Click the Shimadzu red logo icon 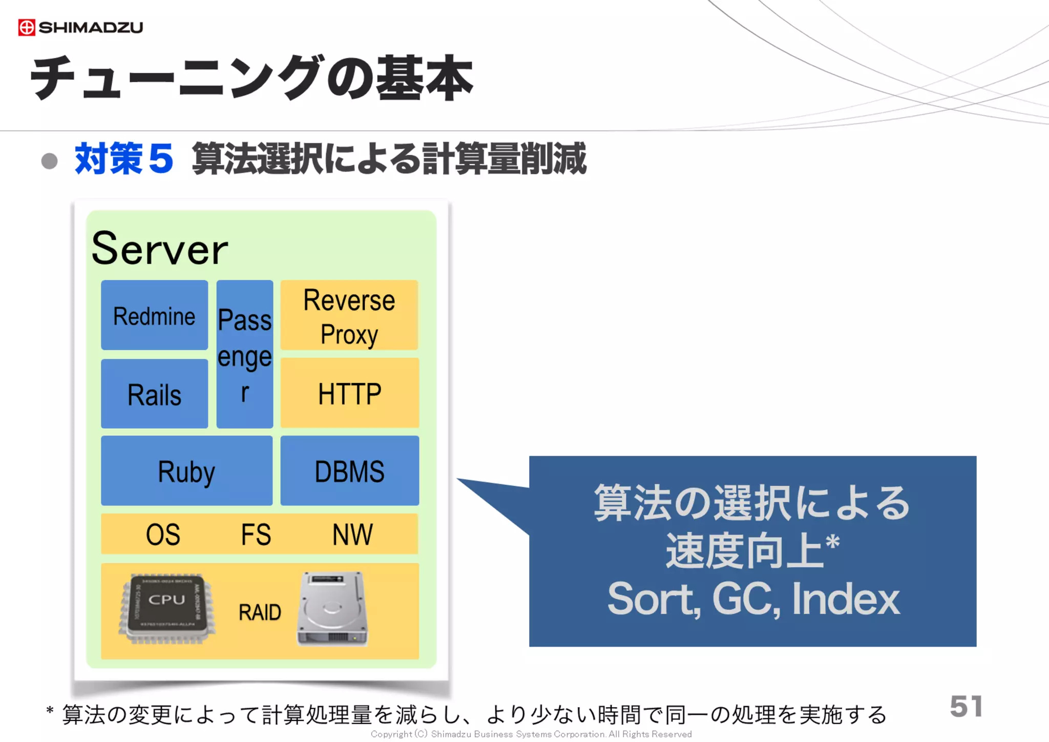point(27,27)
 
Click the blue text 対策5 point(123,159)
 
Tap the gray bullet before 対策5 point(50,161)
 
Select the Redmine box point(154,315)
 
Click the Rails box point(154,394)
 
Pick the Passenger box point(244,354)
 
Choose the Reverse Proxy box point(349,315)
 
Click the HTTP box point(349,394)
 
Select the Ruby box point(186,471)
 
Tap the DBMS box point(349,471)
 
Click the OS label point(163,534)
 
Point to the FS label point(256,534)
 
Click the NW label point(352,534)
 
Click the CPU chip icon point(167,609)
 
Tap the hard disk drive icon point(332,609)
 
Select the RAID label point(260,612)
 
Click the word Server point(159,249)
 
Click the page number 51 point(966,707)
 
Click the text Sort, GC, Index point(753,599)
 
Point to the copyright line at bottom point(531,734)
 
